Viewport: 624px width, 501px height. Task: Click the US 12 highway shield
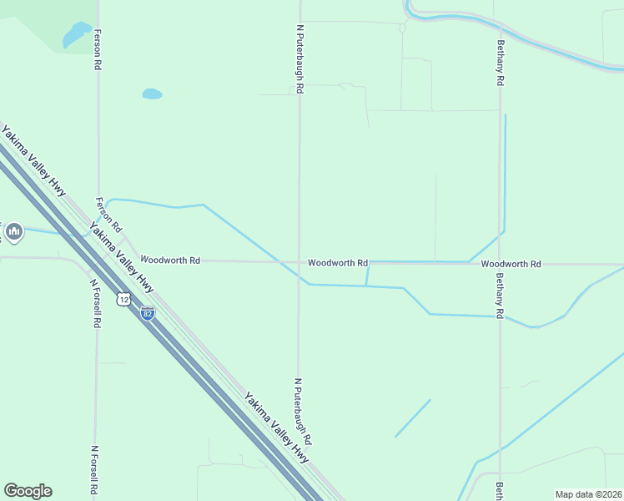pyautogui.click(x=123, y=299)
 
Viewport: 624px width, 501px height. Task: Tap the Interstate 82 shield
pyautogui.click(x=148, y=313)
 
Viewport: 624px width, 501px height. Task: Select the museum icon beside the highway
pyautogui.click(x=13, y=231)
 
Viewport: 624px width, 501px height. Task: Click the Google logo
pyautogui.click(x=28, y=491)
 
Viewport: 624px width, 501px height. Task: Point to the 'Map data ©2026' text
pyautogui.click(x=589, y=494)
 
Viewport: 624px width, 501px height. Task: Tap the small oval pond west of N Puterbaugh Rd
pyautogui.click(x=152, y=94)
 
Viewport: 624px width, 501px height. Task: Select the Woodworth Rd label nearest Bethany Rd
pyautogui.click(x=511, y=264)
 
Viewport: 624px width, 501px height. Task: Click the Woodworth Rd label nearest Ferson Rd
pyautogui.click(x=170, y=261)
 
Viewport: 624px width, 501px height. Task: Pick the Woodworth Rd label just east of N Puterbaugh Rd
pyautogui.click(x=337, y=263)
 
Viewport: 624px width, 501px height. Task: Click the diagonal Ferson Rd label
pyautogui.click(x=109, y=215)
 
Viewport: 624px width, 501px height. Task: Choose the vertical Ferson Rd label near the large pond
pyautogui.click(x=98, y=49)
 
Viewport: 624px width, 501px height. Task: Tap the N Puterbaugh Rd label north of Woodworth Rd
pyautogui.click(x=299, y=58)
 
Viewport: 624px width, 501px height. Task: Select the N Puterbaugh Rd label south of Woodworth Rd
pyautogui.click(x=302, y=411)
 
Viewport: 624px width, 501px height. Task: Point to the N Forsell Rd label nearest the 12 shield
pyautogui.click(x=96, y=302)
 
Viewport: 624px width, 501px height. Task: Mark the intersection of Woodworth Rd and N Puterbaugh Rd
pyautogui.click(x=299, y=262)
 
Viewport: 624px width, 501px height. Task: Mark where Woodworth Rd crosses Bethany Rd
pyautogui.click(x=501, y=264)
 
